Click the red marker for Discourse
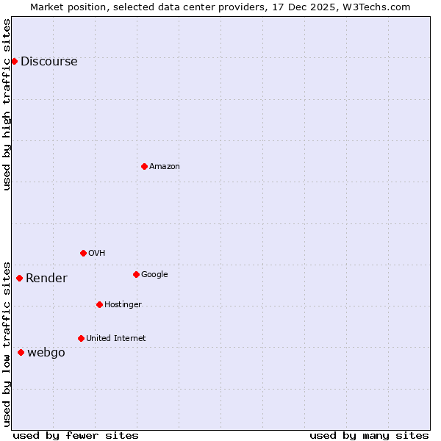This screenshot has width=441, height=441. point(14,61)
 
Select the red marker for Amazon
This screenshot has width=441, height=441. point(144,166)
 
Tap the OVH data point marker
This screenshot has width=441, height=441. point(83,253)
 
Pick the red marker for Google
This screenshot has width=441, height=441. point(136,274)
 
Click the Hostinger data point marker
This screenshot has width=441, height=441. point(99,304)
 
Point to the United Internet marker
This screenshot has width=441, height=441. point(81,338)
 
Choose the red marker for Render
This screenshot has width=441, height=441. point(19,278)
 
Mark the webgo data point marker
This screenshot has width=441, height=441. point(21,352)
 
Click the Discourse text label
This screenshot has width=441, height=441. point(49,62)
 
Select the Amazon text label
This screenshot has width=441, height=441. point(165,167)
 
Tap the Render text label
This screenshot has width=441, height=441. point(46,279)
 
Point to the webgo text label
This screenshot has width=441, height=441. point(46,353)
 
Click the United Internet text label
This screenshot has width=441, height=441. point(116,339)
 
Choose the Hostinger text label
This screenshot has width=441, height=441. point(123,305)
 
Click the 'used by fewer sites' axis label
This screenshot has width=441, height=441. point(76,435)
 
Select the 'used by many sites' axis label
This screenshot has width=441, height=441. point(369,435)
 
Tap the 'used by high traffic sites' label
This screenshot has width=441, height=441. point(7,104)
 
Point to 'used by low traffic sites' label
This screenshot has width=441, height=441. point(7,343)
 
